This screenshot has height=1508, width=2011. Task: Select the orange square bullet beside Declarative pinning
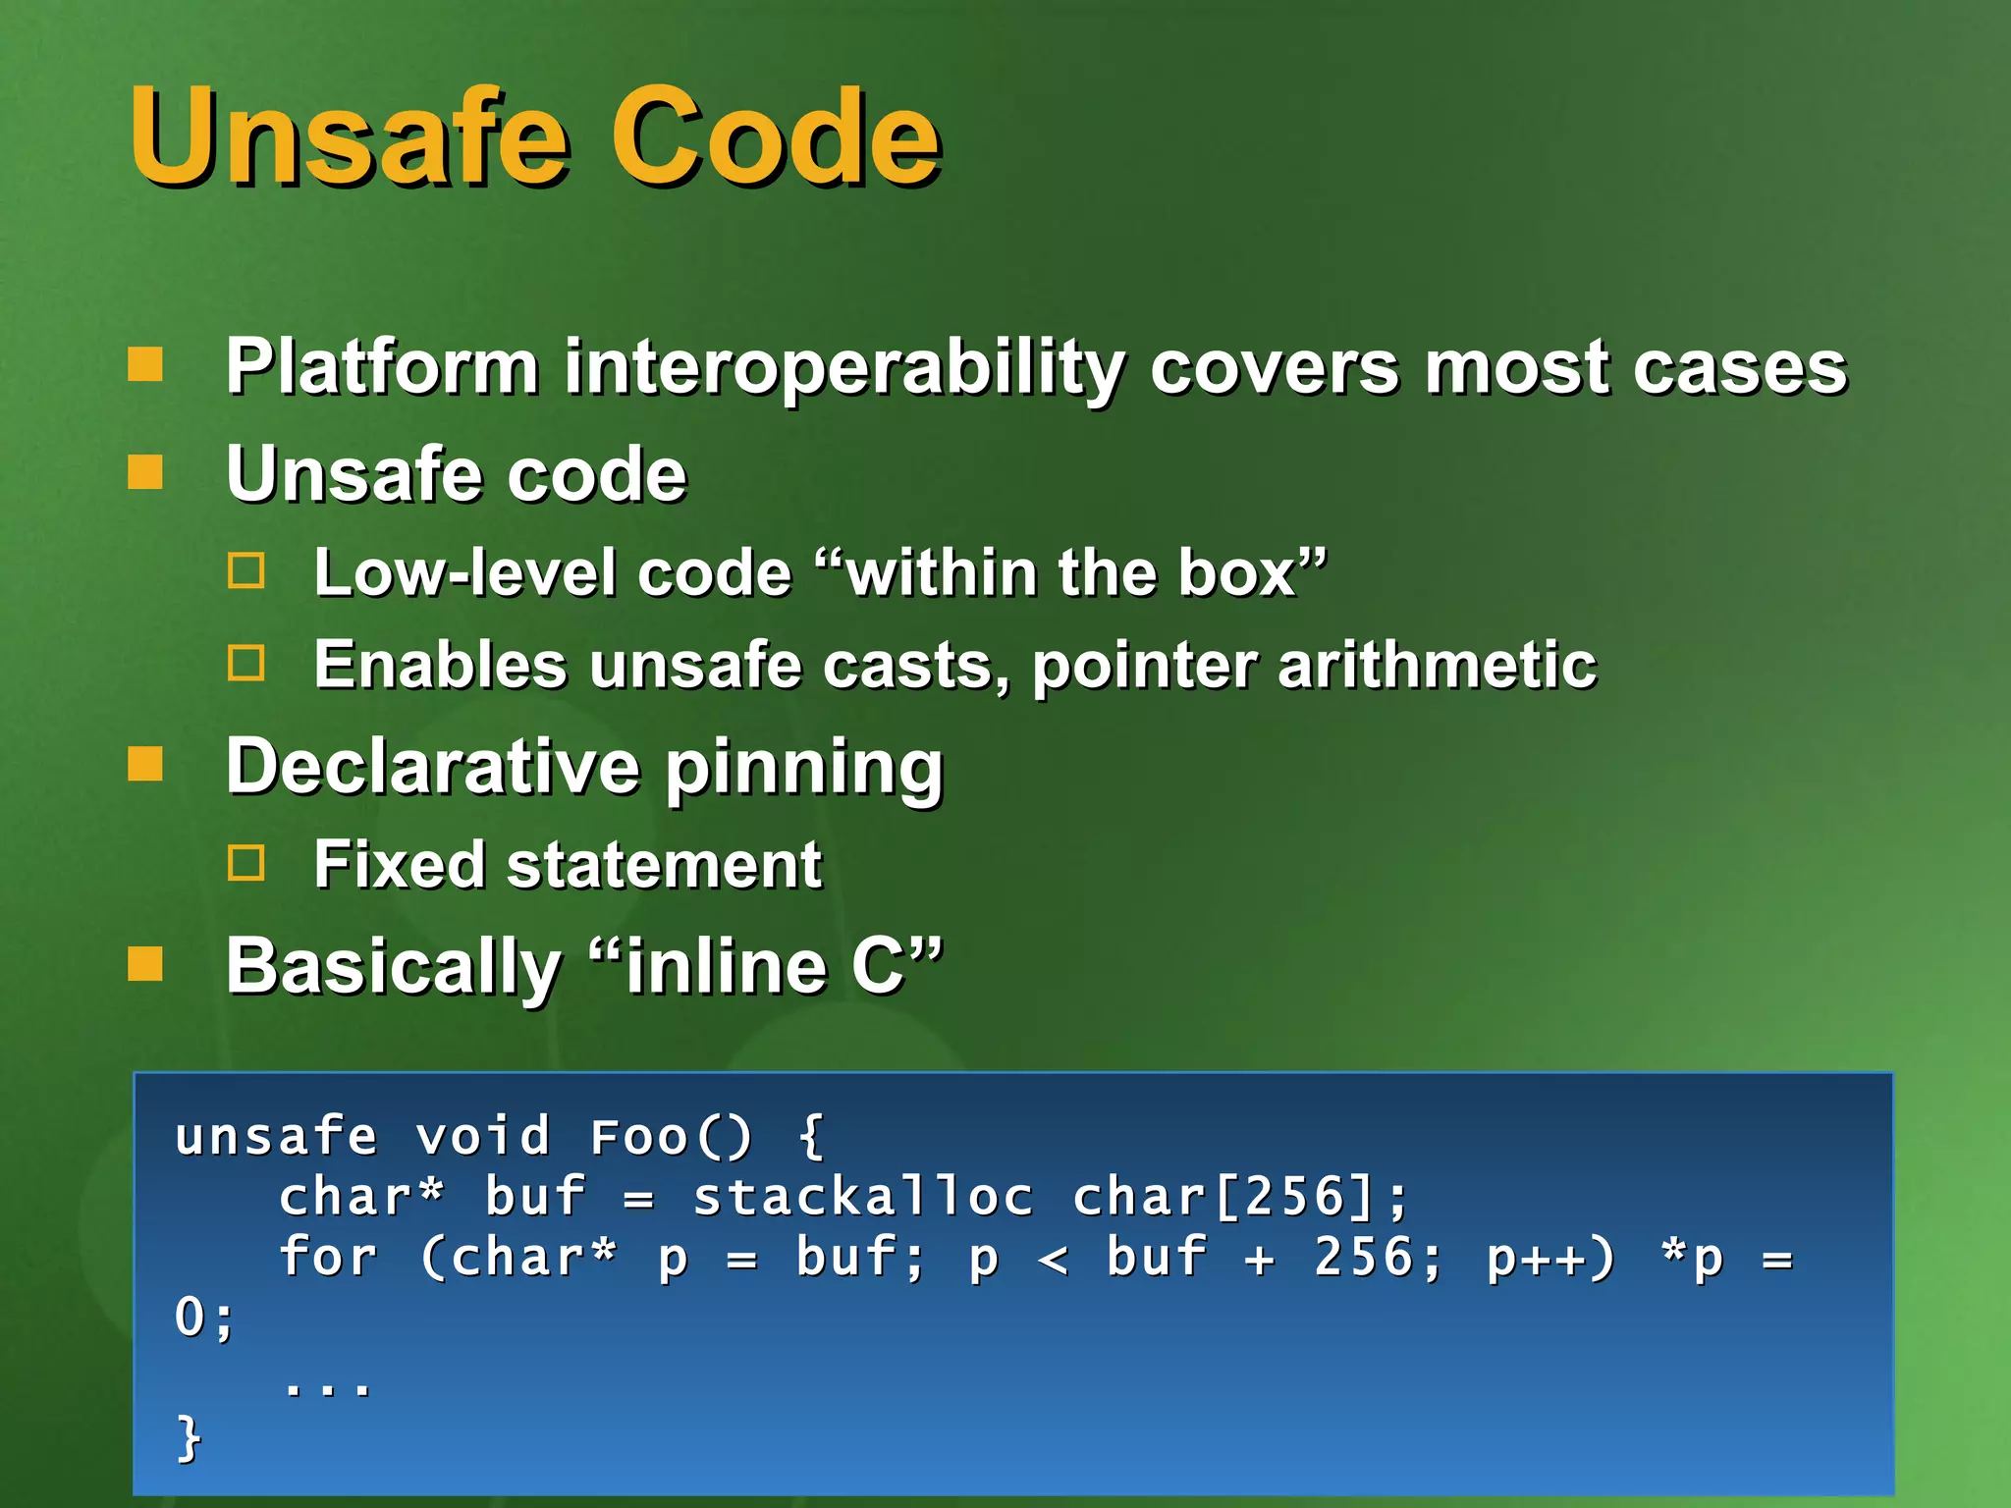point(145,763)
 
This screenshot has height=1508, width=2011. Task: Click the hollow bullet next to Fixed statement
point(245,863)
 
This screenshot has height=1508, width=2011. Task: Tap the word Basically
point(393,967)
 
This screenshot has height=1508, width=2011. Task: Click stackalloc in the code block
point(862,1198)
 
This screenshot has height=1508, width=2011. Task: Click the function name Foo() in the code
point(670,1137)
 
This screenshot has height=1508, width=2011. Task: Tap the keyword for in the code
point(327,1258)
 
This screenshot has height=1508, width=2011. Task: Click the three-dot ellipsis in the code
point(327,1387)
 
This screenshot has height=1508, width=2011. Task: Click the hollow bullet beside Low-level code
point(245,570)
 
